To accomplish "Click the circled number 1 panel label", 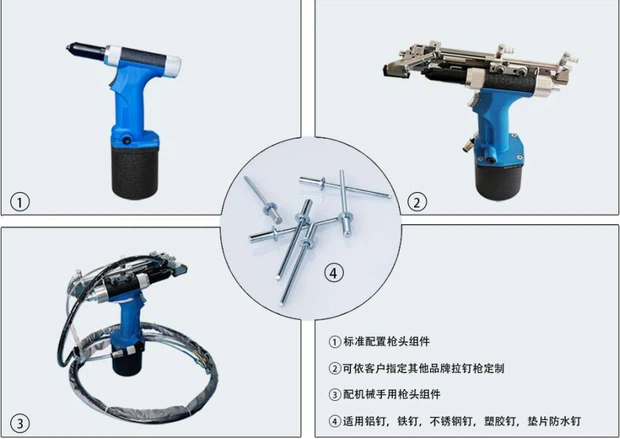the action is click(20, 202).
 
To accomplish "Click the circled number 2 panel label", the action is click(417, 202).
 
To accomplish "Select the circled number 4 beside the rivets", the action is click(334, 273).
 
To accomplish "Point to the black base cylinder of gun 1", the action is click(135, 171).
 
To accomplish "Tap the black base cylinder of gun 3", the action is click(127, 361).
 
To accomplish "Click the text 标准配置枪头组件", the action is click(386, 341).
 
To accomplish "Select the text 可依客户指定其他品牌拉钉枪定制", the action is click(423, 368).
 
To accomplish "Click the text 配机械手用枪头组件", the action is click(391, 394).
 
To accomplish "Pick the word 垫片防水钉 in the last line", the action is click(554, 421).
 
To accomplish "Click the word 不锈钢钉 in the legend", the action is click(451, 421).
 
